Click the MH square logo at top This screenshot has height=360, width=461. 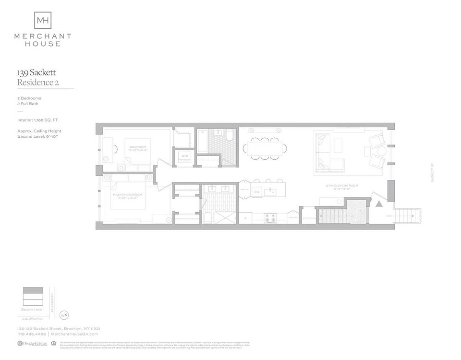coord(43,20)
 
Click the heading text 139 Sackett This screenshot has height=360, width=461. coord(36,73)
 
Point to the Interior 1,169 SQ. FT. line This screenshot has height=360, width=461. coord(38,120)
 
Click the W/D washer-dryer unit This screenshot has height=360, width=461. coord(184,156)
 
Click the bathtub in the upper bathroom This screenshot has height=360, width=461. coord(203,141)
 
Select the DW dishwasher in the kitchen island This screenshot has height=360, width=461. coord(257,192)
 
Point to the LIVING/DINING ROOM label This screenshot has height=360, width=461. coord(341,185)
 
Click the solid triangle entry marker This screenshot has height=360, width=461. coord(378,204)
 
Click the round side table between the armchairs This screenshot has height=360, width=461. coord(381,150)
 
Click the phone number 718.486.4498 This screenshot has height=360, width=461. coord(31,334)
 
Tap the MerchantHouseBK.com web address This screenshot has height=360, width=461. coord(74,334)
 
